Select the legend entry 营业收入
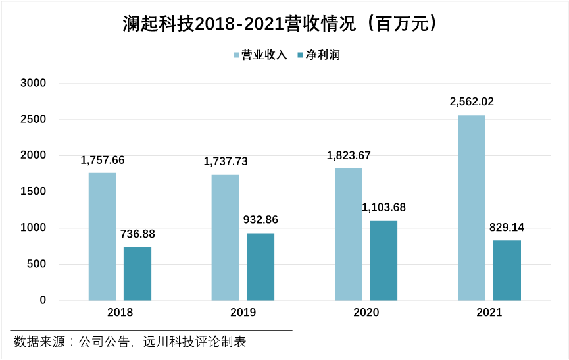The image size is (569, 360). [x=261, y=55]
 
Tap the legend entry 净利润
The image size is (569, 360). [x=320, y=55]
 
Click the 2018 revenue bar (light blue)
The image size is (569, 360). [x=103, y=237]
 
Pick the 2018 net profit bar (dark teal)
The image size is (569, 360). [x=137, y=274]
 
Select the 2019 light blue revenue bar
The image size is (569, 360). [x=226, y=238]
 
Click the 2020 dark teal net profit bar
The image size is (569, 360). [x=383, y=261]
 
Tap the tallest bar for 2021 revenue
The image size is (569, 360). [x=472, y=208]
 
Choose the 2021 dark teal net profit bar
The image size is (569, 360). [x=507, y=270]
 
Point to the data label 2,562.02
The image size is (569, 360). [x=472, y=102]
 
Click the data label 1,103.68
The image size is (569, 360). [x=383, y=207]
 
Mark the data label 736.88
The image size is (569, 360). [x=137, y=234]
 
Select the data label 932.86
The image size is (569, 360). [x=260, y=220]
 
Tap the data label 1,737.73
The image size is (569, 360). [x=226, y=161]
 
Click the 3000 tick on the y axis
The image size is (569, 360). [x=34, y=84]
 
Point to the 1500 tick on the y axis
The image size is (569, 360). [x=34, y=192]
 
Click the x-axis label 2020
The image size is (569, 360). [x=366, y=313]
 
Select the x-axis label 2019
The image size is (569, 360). [x=243, y=313]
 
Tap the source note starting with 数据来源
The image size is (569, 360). [x=130, y=342]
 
